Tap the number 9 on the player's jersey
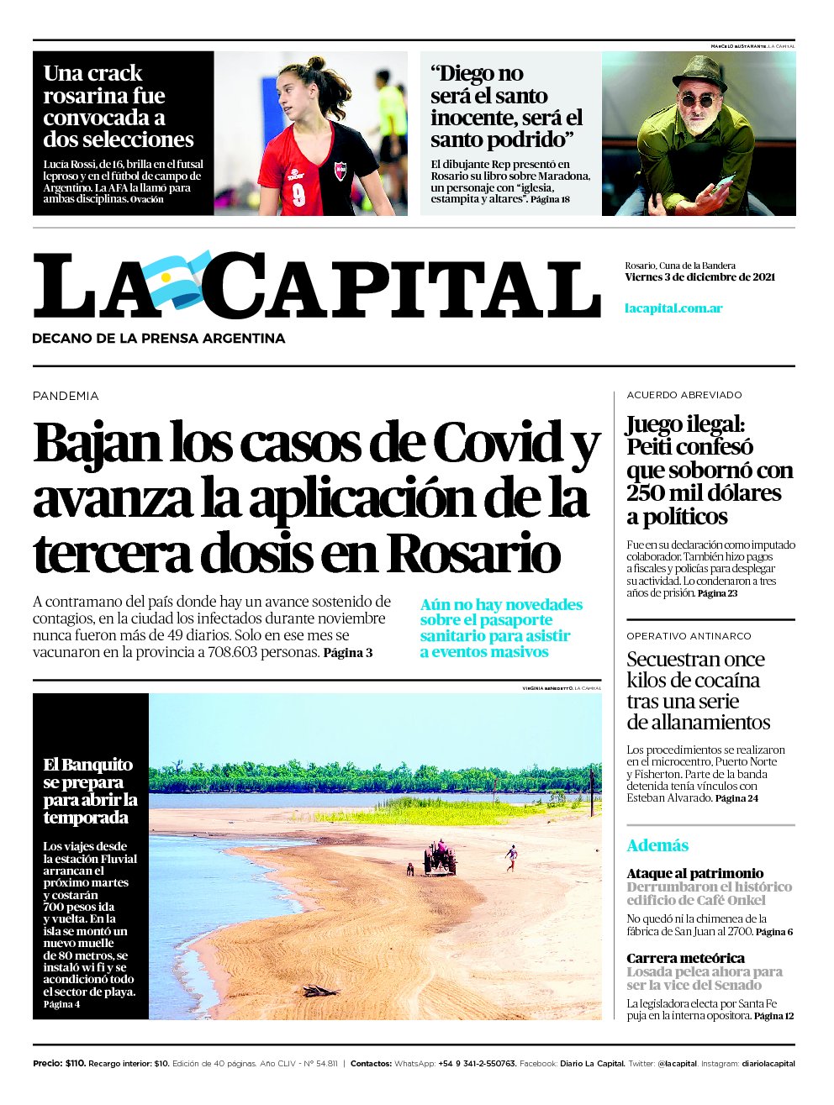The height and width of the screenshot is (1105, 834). tap(298, 195)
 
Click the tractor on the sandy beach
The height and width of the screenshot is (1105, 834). tap(440, 858)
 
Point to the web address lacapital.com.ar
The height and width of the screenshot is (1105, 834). tap(673, 308)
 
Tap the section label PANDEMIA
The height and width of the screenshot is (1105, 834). tap(66, 396)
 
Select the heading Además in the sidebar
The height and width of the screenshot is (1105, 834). tap(657, 845)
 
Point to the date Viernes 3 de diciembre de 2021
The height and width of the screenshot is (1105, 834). tap(699, 277)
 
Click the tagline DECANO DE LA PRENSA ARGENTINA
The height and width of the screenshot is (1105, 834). tap(159, 339)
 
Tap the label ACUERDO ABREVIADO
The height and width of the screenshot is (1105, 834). tap(684, 395)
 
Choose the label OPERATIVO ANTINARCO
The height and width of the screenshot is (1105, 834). tap(689, 636)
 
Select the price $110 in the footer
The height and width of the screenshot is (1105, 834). tap(75, 1064)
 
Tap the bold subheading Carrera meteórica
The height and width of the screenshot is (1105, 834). tap(685, 958)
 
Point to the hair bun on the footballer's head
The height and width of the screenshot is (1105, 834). tap(316, 63)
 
